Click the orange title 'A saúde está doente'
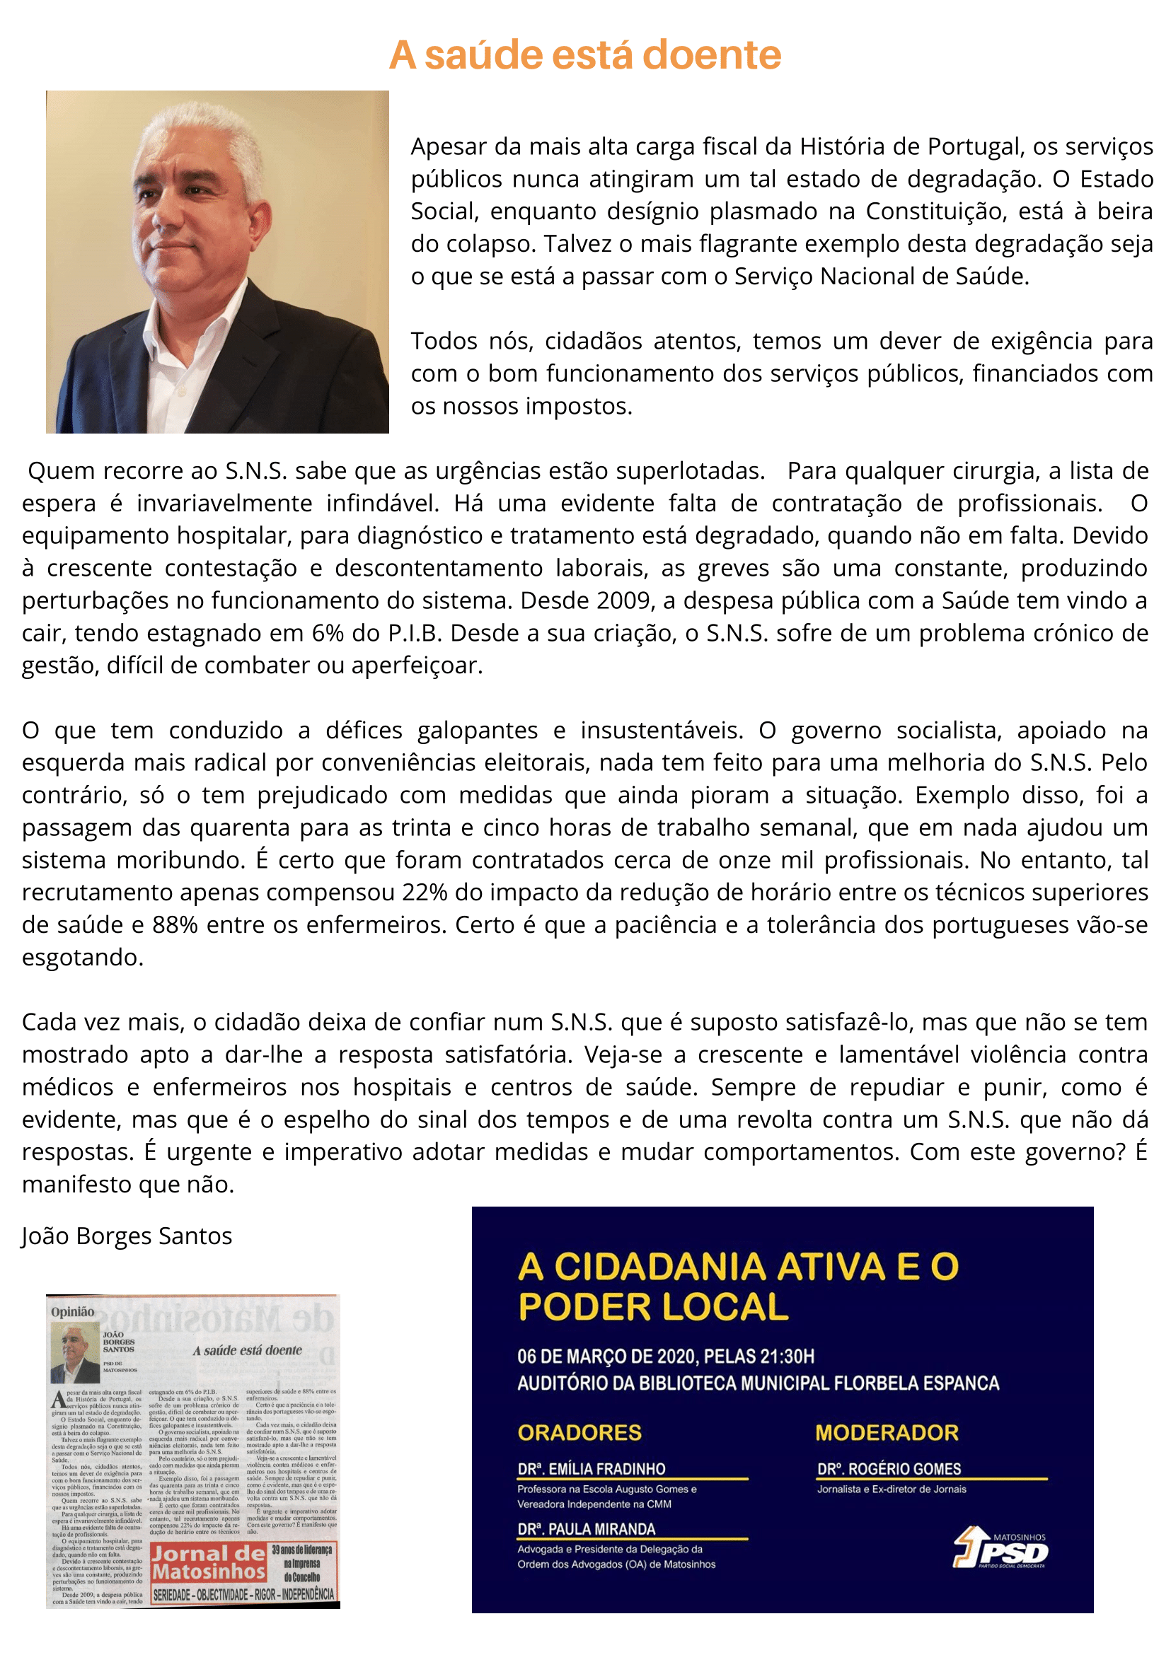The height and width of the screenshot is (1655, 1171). click(584, 54)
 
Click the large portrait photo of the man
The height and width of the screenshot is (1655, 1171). click(217, 262)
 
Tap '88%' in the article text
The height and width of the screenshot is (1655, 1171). click(175, 925)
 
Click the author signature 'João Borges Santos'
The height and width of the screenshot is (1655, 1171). click(127, 1236)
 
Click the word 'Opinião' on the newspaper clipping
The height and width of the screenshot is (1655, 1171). click(72, 1311)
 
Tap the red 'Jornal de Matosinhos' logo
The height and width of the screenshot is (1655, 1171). click(209, 1563)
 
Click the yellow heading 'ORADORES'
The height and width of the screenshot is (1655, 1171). click(579, 1432)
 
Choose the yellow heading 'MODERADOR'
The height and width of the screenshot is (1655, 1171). click(886, 1432)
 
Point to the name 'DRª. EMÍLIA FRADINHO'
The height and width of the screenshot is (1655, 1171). click(592, 1468)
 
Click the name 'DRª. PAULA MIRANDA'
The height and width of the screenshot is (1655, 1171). click(587, 1529)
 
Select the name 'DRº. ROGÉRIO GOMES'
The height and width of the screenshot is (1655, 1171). click(889, 1468)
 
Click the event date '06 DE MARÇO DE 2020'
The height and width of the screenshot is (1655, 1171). click(606, 1357)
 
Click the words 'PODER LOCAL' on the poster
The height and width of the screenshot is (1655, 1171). click(653, 1306)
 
